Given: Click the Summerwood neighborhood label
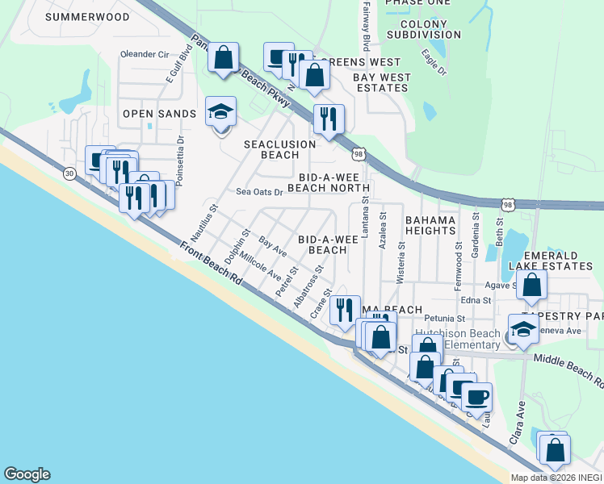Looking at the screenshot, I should pos(88,16).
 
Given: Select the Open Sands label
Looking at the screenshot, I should pos(159,114).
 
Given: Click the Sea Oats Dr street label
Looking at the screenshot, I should pos(259,192).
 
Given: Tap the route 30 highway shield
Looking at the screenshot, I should pos(69,173).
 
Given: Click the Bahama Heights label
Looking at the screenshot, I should pos(430,225).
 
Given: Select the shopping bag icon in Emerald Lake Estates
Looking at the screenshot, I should pos(532,286).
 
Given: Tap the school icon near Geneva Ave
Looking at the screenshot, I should pos(522,328).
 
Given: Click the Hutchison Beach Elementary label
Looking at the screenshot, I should pos(457,340).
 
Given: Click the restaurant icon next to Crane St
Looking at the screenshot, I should pos(346,309).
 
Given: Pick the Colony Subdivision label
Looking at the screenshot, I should pos(424,29).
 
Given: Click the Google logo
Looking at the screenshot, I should pos(27,474).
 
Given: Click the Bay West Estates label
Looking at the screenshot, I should pos(382,82).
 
